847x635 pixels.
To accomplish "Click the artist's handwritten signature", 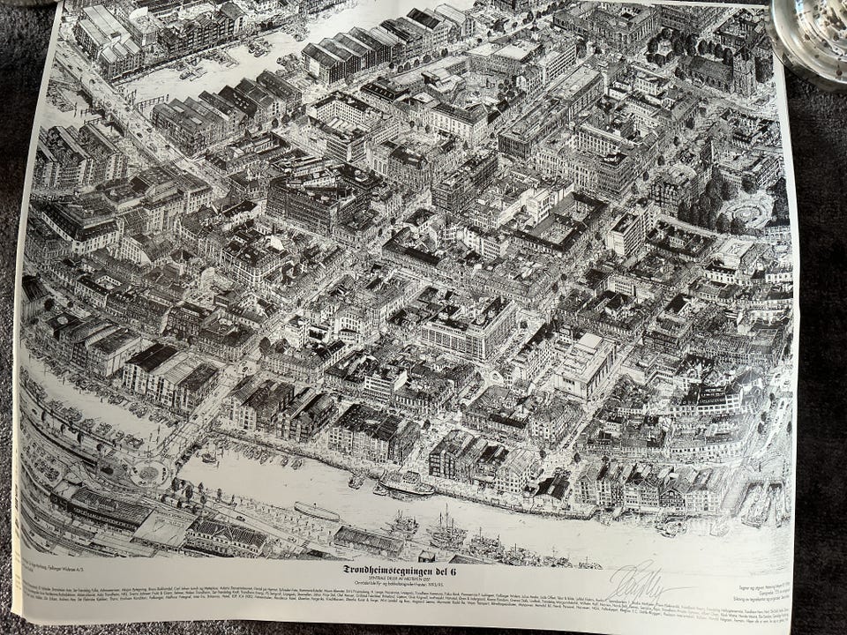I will pos(641,581).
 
